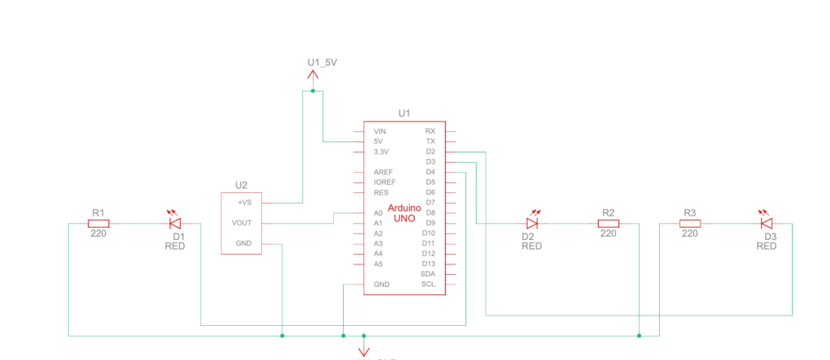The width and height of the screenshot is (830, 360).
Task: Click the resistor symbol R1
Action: click(99, 223)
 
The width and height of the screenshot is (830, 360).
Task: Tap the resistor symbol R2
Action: click(609, 223)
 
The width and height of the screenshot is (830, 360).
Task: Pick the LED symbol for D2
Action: click(533, 223)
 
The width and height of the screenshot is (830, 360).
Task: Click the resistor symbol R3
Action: click(690, 223)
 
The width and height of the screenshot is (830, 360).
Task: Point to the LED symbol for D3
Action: click(766, 223)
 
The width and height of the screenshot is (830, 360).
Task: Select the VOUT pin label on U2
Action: click(242, 223)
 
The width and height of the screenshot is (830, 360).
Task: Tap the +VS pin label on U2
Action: click(244, 202)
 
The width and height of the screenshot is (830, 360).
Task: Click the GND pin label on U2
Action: click(243, 243)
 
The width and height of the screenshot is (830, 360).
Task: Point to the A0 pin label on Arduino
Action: click(379, 212)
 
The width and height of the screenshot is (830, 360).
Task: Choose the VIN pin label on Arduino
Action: click(380, 131)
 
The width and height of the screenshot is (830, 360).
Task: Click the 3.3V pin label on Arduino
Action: click(381, 152)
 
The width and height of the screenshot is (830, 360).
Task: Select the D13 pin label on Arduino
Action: click(429, 264)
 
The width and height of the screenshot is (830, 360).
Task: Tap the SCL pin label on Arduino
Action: click(428, 285)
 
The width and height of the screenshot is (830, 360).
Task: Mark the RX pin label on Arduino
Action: click(430, 131)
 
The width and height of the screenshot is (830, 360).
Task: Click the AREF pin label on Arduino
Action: click(383, 172)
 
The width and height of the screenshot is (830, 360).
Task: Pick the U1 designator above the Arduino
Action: click(404, 114)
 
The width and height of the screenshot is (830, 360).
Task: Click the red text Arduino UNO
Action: click(404, 213)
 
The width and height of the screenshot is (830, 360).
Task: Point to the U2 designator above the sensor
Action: click(241, 184)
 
